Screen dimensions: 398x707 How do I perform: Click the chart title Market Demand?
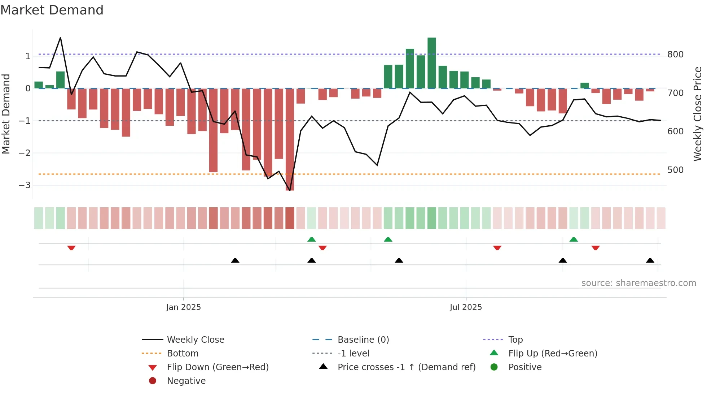pyautogui.click(x=52, y=10)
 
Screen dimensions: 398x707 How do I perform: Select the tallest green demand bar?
pyautogui.click(x=432, y=63)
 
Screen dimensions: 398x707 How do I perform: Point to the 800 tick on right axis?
pyautogui.click(x=675, y=55)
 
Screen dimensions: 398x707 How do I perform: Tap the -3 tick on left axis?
pyautogui.click(x=25, y=185)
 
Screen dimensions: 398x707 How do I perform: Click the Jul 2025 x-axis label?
pyautogui.click(x=466, y=307)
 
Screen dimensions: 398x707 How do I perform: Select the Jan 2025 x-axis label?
pyautogui.click(x=183, y=307)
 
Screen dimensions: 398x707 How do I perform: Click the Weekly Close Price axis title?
pyautogui.click(x=698, y=114)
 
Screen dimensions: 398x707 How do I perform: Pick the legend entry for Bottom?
pyautogui.click(x=183, y=354)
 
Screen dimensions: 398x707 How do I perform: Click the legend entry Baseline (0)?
pyautogui.click(x=363, y=340)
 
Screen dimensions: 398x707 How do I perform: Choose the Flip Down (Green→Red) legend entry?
pyautogui.click(x=218, y=367)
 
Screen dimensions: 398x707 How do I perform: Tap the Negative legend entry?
pyautogui.click(x=186, y=381)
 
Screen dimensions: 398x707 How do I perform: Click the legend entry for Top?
pyautogui.click(x=515, y=340)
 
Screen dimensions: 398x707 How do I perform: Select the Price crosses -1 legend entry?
pyautogui.click(x=406, y=367)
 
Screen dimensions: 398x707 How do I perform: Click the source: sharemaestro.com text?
pyautogui.click(x=638, y=283)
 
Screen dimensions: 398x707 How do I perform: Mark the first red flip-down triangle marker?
pyautogui.click(x=71, y=248)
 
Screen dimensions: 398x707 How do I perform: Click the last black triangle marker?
pyautogui.click(x=650, y=261)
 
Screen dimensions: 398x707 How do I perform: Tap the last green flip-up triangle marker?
pyautogui.click(x=574, y=239)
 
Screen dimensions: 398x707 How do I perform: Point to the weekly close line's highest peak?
pyautogui.click(x=60, y=38)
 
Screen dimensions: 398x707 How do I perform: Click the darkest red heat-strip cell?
pyautogui.click(x=290, y=218)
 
